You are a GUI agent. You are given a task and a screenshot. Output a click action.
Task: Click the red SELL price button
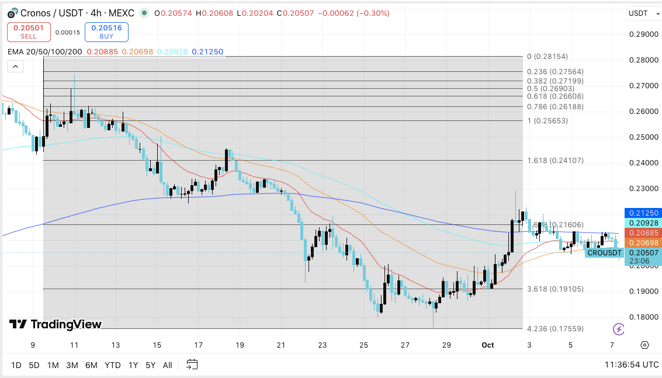pos(29,32)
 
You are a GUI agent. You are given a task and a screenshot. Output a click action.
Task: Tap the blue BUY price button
pos(106,32)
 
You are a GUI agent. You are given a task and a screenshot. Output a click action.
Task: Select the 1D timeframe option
pos(16,365)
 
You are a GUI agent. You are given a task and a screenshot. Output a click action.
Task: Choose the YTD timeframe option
pos(112,365)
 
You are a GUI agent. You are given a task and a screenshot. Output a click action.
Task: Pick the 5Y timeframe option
pos(150,365)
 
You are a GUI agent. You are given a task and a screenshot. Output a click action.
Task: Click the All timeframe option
pos(167,365)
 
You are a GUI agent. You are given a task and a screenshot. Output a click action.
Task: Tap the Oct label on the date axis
pos(487,345)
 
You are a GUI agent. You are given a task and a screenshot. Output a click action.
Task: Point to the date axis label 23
pos(322,345)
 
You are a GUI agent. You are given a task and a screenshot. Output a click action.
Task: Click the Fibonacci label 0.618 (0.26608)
pos(555,96)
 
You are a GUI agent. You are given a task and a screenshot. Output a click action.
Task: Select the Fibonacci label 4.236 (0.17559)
pos(555,329)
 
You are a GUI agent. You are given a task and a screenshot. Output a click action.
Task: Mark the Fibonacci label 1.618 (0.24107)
pos(555,161)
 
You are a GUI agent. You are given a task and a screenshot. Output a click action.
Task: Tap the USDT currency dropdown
pos(641,13)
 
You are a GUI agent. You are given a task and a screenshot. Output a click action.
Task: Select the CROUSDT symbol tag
pos(604,253)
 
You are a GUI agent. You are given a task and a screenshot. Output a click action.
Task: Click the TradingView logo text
pos(56,324)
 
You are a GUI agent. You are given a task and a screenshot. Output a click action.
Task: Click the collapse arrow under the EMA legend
pos(15,67)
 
